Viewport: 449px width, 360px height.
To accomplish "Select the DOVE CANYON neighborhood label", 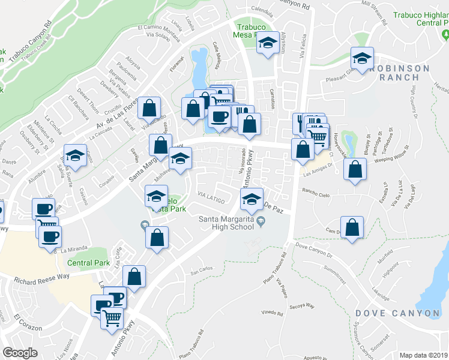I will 397,313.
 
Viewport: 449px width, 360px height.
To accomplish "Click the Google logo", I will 20,353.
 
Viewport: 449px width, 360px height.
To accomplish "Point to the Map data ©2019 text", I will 424,355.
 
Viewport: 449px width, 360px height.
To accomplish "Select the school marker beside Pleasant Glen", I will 362,59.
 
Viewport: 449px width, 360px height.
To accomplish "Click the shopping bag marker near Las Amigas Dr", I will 356,170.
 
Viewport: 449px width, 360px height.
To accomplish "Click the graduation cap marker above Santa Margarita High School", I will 252,199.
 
